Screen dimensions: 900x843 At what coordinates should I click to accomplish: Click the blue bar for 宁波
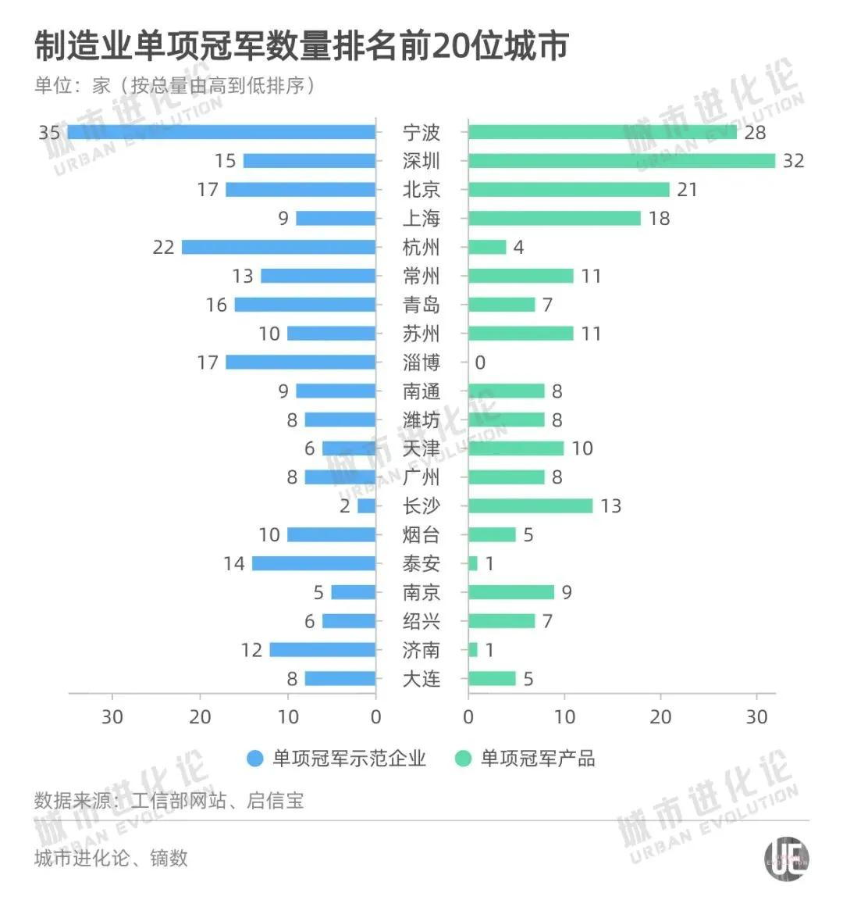222,132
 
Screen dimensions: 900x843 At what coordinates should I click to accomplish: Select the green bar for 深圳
621,161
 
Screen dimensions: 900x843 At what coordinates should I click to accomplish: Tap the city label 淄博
421,362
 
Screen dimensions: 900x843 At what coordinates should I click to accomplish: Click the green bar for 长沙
530,506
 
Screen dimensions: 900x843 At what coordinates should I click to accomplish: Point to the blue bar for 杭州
279,248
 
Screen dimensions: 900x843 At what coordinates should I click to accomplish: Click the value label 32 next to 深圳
793,161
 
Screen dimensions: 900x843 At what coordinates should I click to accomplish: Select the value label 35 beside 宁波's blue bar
49,133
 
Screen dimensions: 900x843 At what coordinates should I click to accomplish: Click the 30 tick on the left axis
112,716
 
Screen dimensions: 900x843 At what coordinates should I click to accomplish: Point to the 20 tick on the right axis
660,716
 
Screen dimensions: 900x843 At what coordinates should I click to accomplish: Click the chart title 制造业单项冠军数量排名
301,47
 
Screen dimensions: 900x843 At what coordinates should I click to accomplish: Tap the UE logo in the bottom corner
785,859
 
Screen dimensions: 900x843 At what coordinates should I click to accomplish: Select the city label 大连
421,679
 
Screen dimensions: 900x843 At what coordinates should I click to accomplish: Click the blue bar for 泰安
314,563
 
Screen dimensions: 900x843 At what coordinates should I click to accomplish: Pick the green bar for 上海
554,219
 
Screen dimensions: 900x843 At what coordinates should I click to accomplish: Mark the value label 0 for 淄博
480,362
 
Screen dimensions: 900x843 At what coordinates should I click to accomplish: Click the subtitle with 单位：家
175,85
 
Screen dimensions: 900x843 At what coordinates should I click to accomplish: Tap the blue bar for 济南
322,650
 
